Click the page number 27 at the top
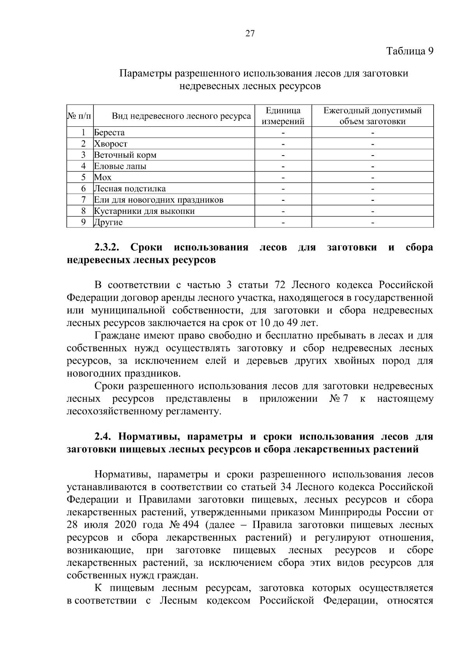click(x=250, y=33)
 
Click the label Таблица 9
click(x=409, y=51)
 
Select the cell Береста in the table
click(x=109, y=133)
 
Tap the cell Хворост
click(x=111, y=144)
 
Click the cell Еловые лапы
click(x=120, y=166)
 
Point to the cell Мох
click(x=103, y=178)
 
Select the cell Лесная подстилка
click(x=130, y=189)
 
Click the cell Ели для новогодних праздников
click(x=159, y=200)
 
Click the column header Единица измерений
click(x=283, y=116)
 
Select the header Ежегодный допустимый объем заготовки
click(x=372, y=116)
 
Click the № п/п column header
click(x=80, y=116)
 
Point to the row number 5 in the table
click(x=83, y=178)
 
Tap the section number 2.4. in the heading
click(x=103, y=437)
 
